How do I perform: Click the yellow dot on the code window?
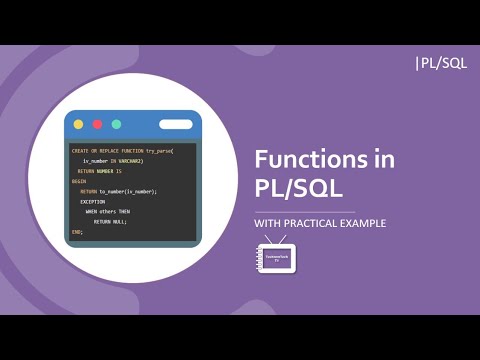click(78, 124)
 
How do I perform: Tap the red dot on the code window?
click(97, 124)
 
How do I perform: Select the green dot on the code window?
click(116, 124)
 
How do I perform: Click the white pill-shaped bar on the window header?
click(175, 124)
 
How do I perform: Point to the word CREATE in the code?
click(79, 150)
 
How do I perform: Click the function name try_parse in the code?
click(159, 150)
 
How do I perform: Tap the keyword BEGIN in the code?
click(78, 181)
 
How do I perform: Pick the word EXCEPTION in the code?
click(92, 201)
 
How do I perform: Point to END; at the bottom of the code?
click(76, 232)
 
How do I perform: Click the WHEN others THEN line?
click(108, 212)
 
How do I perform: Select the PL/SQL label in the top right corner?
click(440, 63)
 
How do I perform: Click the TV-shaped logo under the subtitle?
click(277, 258)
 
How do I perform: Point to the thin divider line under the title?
click(305, 211)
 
